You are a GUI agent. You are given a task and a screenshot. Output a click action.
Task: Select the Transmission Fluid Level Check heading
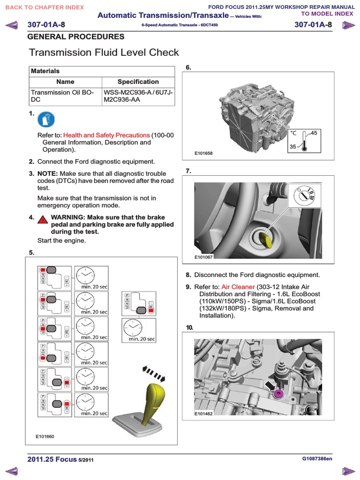point(104,53)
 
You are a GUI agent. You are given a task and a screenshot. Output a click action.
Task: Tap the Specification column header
point(138,82)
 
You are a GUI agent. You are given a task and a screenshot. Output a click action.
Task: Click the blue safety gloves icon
point(45,120)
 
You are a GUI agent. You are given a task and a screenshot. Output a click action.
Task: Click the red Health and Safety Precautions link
point(106,135)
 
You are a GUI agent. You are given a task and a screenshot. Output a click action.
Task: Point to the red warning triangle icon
point(42,220)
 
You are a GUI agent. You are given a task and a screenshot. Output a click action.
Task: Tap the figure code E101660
point(45,436)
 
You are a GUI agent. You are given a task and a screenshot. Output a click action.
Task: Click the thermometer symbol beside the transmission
point(304,140)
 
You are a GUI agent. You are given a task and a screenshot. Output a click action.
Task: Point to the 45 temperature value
point(314,133)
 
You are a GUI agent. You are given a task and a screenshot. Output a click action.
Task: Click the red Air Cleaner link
point(238,286)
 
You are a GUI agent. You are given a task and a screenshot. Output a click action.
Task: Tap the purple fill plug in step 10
point(278,392)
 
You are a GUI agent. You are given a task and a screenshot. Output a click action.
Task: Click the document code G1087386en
point(317,459)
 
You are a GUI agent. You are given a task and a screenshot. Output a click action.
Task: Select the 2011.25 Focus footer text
point(52,459)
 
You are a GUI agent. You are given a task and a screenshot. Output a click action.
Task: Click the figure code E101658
point(203,153)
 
